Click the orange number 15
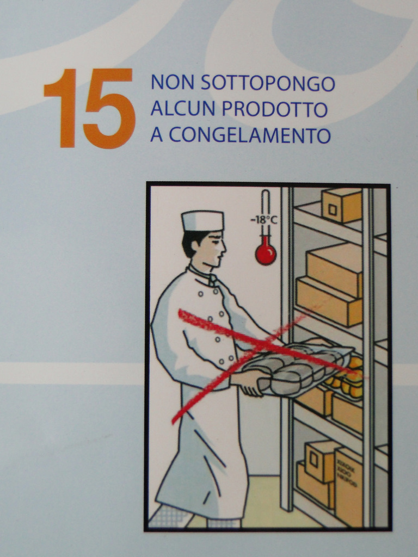[x=90, y=108]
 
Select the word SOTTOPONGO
[x=268, y=83]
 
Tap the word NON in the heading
[x=173, y=83]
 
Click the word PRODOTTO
[x=275, y=109]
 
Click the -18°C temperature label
[x=264, y=220]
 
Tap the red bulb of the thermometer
[x=266, y=253]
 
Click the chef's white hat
[x=203, y=221]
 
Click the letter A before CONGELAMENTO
[x=156, y=135]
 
